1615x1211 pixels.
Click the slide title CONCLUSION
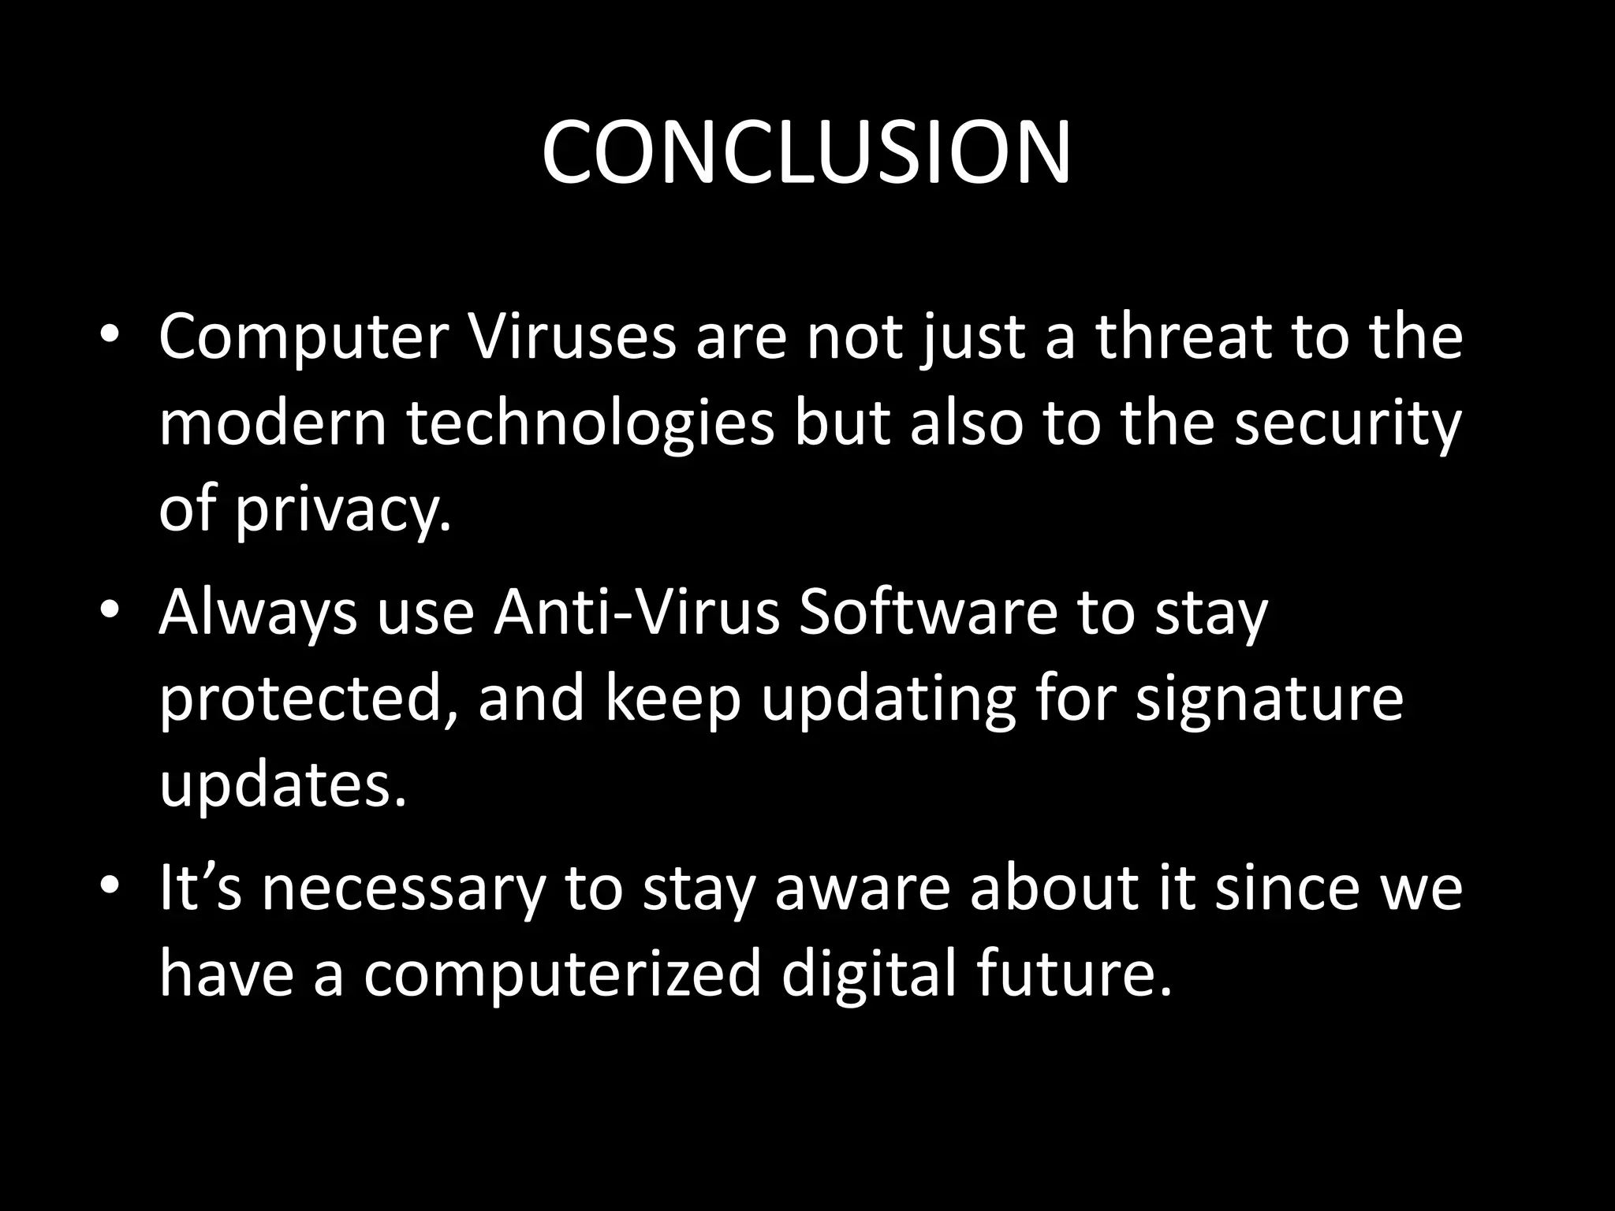(x=806, y=153)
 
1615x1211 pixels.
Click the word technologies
(x=590, y=424)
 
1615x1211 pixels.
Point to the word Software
(x=927, y=613)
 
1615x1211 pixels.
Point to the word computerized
(x=561, y=974)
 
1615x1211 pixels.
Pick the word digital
(x=868, y=974)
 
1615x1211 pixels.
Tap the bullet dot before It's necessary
(x=110, y=886)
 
